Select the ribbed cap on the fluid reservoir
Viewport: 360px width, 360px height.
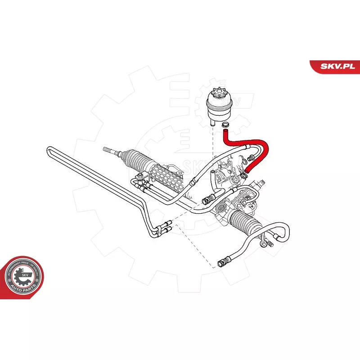tap(219, 96)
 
